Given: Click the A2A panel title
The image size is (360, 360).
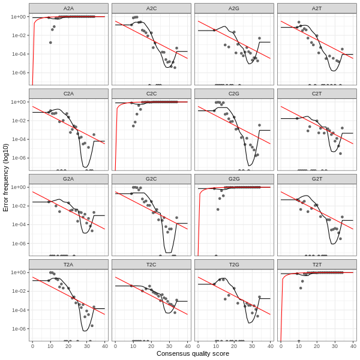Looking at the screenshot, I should tap(68, 8).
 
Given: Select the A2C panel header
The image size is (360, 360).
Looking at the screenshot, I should tap(151, 8).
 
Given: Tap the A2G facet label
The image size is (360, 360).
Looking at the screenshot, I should tap(234, 8).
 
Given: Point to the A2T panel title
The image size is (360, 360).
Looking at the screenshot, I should tap(317, 8).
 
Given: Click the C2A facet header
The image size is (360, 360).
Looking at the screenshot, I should tap(68, 94).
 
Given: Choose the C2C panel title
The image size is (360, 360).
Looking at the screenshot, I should tap(151, 94).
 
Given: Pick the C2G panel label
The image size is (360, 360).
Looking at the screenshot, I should tap(234, 94).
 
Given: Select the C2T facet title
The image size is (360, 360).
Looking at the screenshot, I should tap(317, 94).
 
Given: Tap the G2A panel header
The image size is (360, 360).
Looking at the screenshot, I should tap(68, 179).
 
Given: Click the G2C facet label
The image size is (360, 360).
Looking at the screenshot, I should tap(151, 179).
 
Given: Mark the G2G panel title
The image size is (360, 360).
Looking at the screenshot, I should tap(234, 179).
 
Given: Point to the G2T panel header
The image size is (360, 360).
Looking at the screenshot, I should tap(317, 179).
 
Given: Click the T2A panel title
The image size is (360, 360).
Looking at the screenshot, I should tap(68, 264).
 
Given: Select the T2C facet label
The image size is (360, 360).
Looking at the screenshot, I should tap(151, 264).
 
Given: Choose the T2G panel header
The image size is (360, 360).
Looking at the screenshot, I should tap(234, 264).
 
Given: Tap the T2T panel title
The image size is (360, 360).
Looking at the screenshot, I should tap(317, 264).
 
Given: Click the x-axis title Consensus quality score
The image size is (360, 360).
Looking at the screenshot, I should tap(193, 354).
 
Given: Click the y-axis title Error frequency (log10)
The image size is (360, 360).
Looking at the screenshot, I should tap(6, 177).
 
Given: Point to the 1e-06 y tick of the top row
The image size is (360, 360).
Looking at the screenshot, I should tap(18, 73).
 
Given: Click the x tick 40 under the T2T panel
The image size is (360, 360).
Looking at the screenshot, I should tap(353, 346).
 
